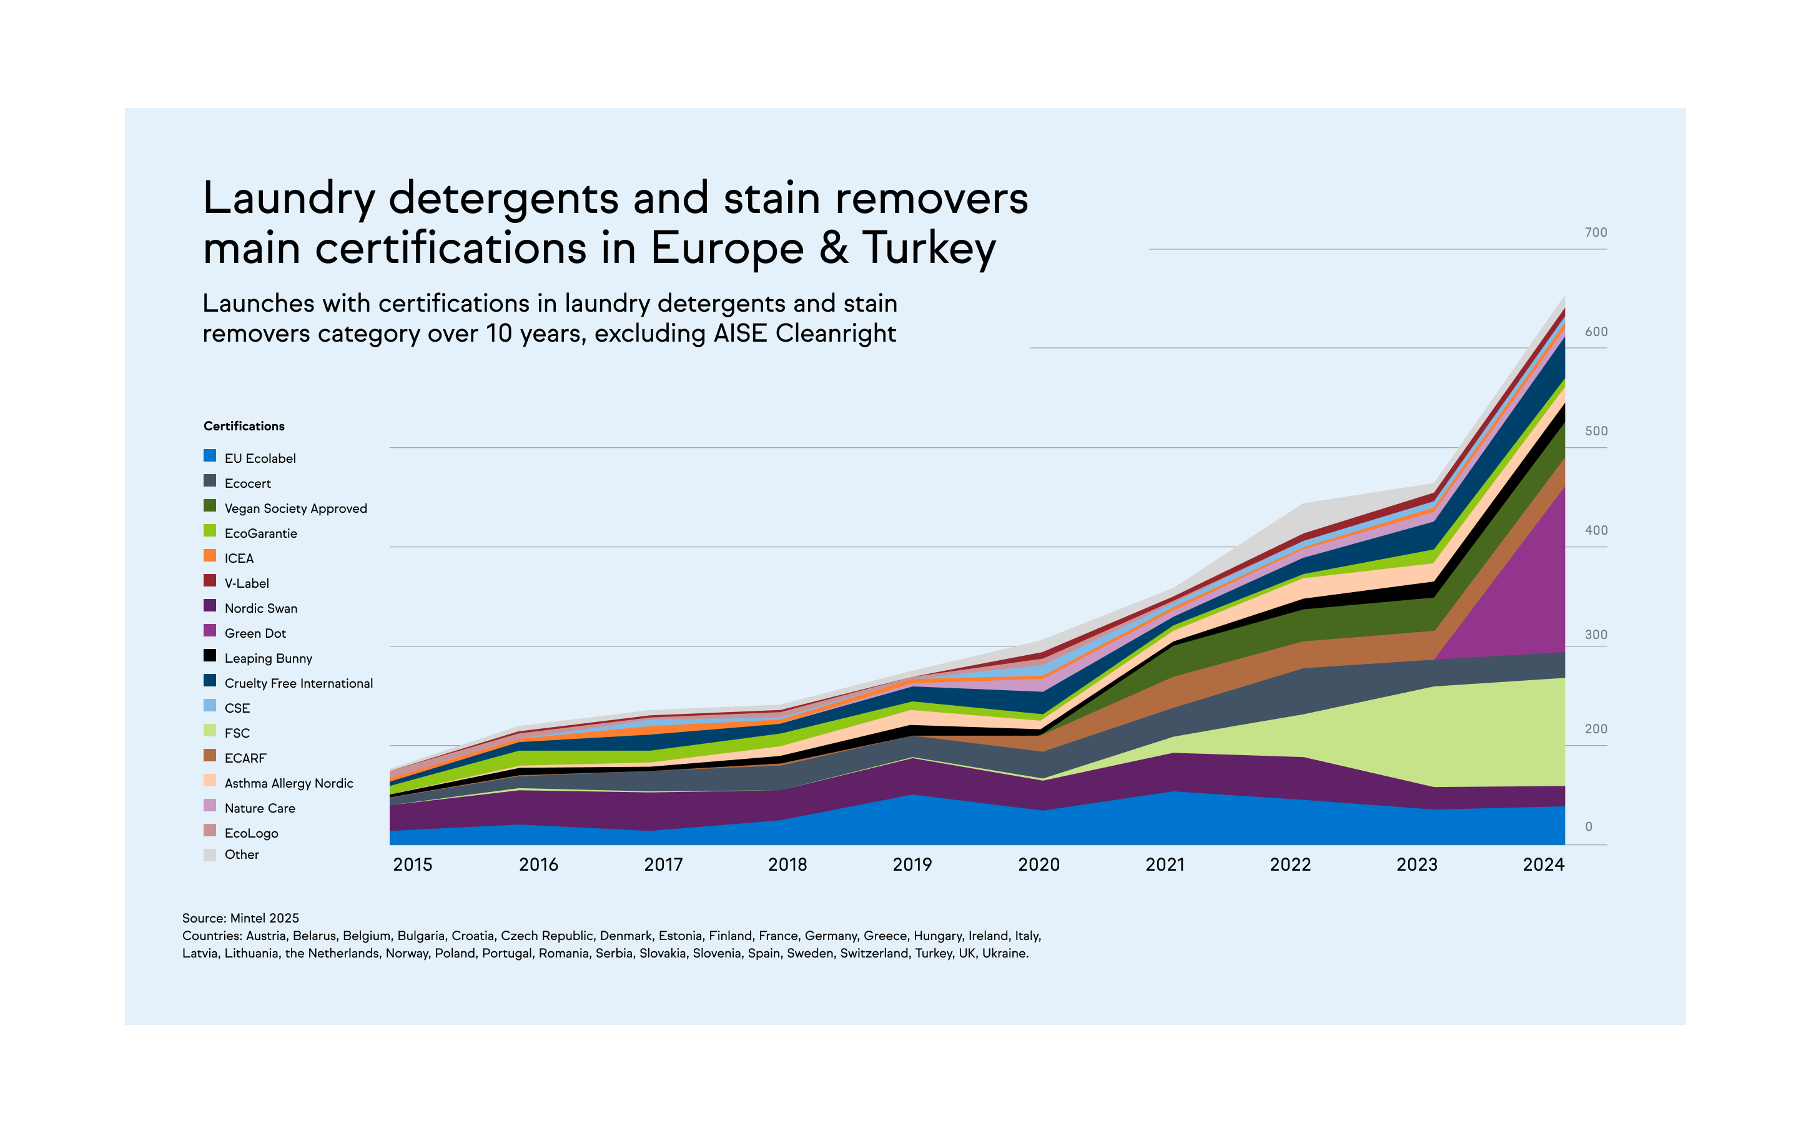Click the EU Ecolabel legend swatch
(210, 455)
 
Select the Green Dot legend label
(255, 633)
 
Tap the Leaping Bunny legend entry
(267, 658)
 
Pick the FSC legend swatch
(210, 731)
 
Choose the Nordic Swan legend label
(261, 608)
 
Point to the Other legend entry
(241, 854)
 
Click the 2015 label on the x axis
(413, 864)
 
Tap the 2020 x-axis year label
(1039, 864)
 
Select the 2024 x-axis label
(1544, 864)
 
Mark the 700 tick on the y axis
(1595, 232)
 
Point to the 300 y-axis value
(1595, 635)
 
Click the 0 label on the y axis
(1589, 826)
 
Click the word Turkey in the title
(929, 248)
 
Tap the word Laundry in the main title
(289, 199)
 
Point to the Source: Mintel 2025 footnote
(240, 918)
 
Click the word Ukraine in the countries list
(1005, 953)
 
